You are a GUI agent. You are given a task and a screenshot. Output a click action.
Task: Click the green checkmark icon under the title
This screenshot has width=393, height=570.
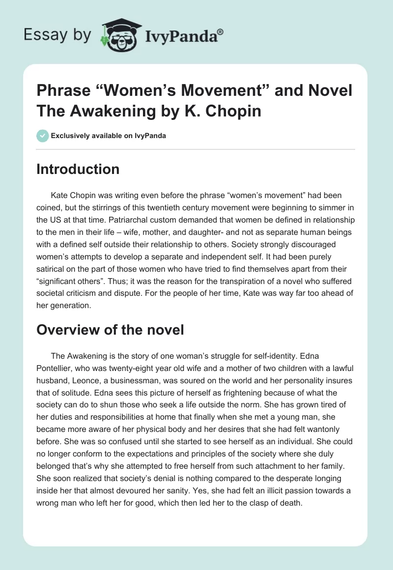coord(43,136)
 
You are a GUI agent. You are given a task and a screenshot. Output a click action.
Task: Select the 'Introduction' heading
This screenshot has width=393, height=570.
coord(78,169)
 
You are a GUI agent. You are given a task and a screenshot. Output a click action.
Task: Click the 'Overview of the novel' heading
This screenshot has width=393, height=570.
coord(110,330)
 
